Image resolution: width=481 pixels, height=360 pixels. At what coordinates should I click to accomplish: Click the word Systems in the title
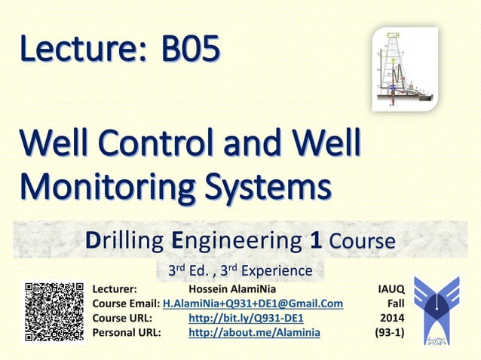(267, 185)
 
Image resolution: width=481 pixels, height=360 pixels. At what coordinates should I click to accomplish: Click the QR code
(54, 312)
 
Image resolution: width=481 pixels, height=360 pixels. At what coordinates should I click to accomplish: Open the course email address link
(253, 304)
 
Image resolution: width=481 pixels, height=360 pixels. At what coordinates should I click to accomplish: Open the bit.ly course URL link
(246, 318)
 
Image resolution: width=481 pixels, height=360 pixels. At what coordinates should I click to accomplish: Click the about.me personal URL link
(254, 332)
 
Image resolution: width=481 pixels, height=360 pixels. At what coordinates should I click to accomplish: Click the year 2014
(392, 318)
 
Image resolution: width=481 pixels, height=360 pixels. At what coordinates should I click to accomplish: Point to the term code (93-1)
(390, 332)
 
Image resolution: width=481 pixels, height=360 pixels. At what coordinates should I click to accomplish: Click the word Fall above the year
(396, 304)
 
